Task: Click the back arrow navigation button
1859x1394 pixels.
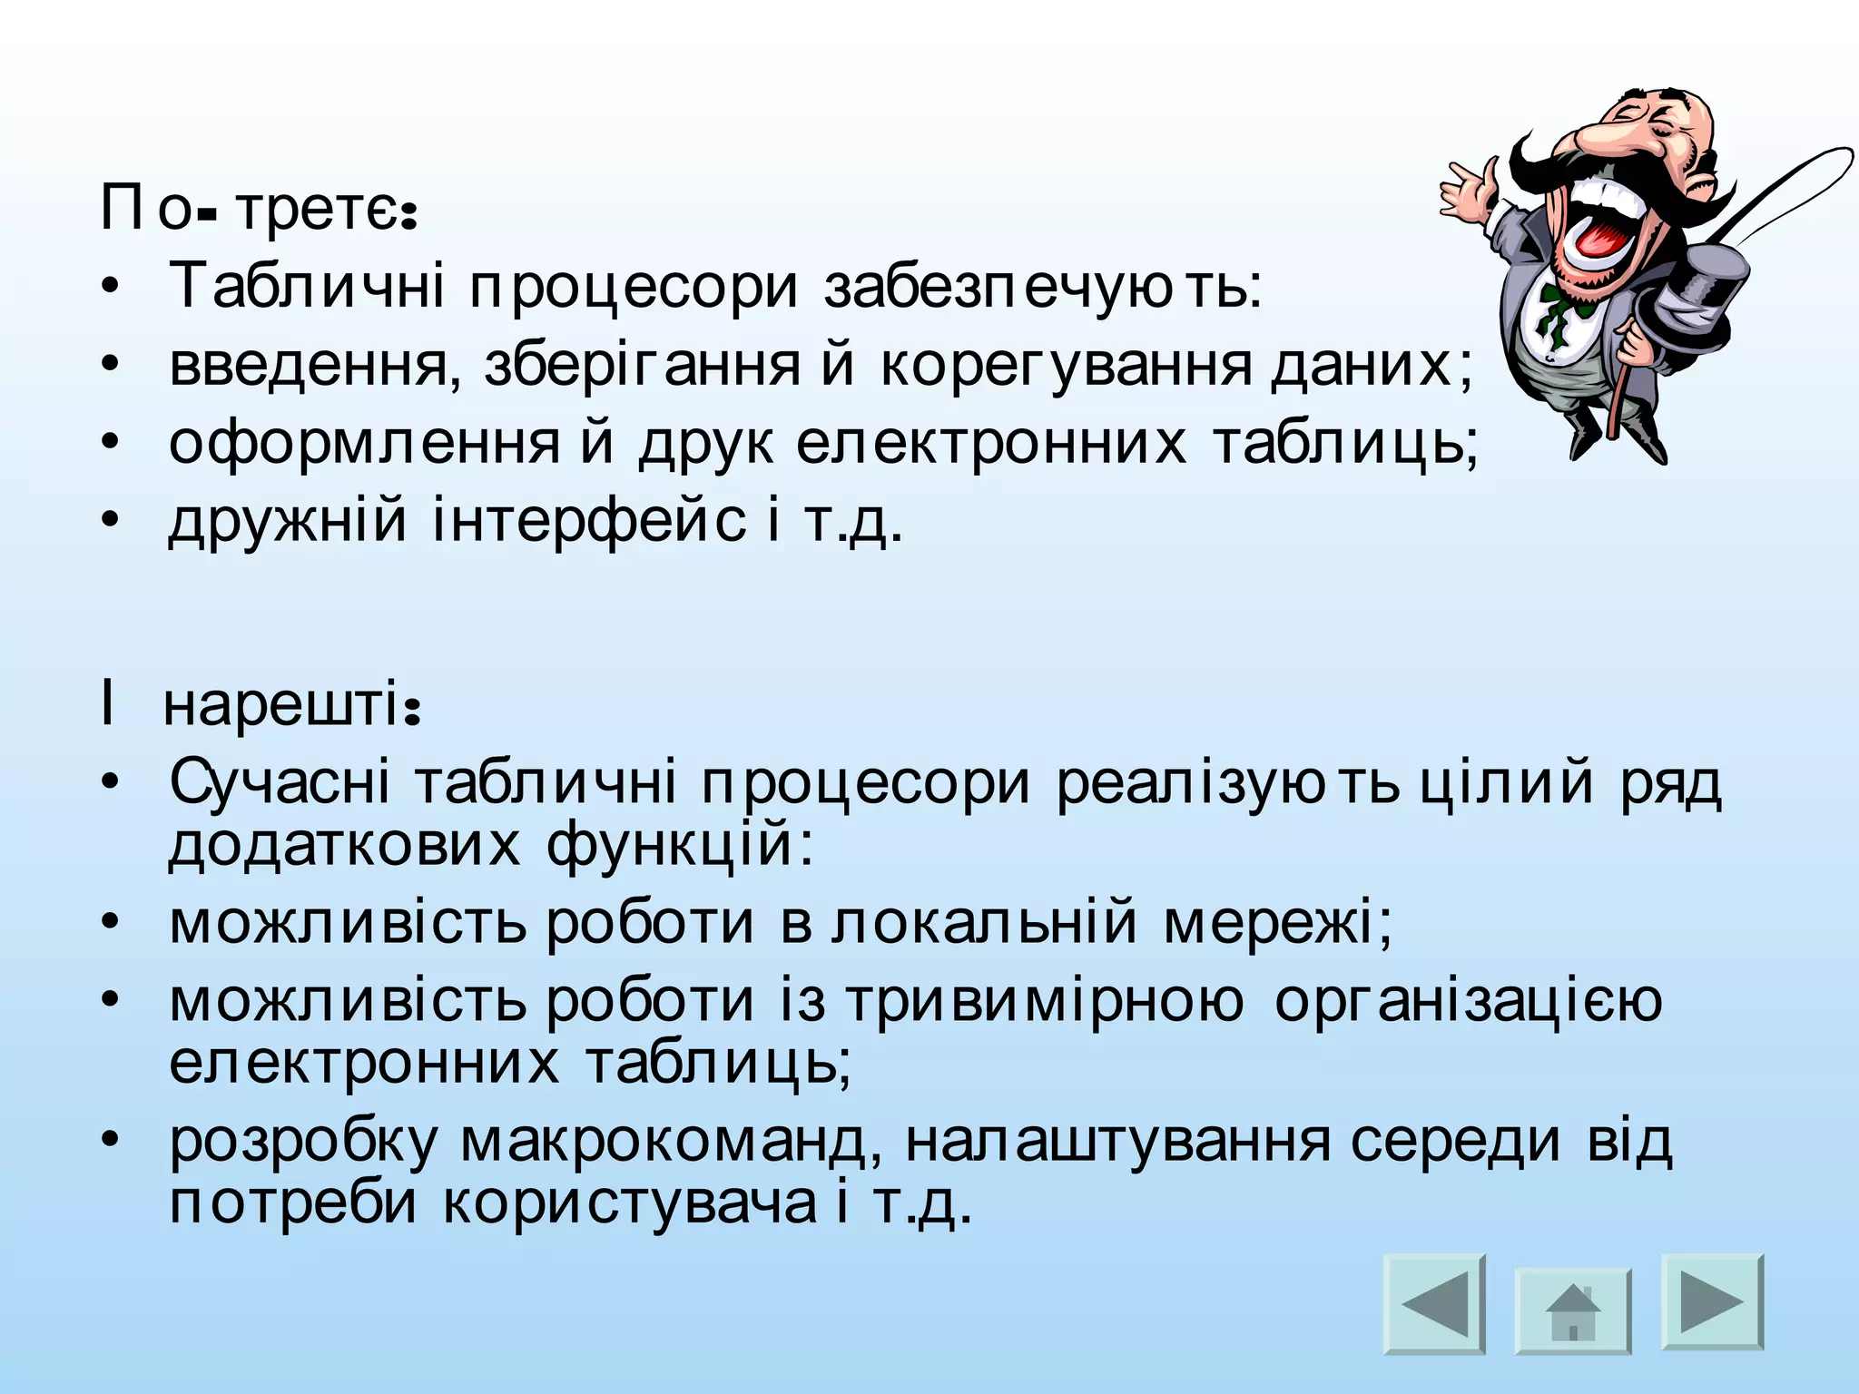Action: coord(1434,1304)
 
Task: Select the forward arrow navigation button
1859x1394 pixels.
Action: coord(1712,1301)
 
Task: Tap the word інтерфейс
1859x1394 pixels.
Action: coord(589,521)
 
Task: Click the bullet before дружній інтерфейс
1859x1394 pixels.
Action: coord(110,521)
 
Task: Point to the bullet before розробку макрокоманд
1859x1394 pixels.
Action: coord(110,1141)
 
